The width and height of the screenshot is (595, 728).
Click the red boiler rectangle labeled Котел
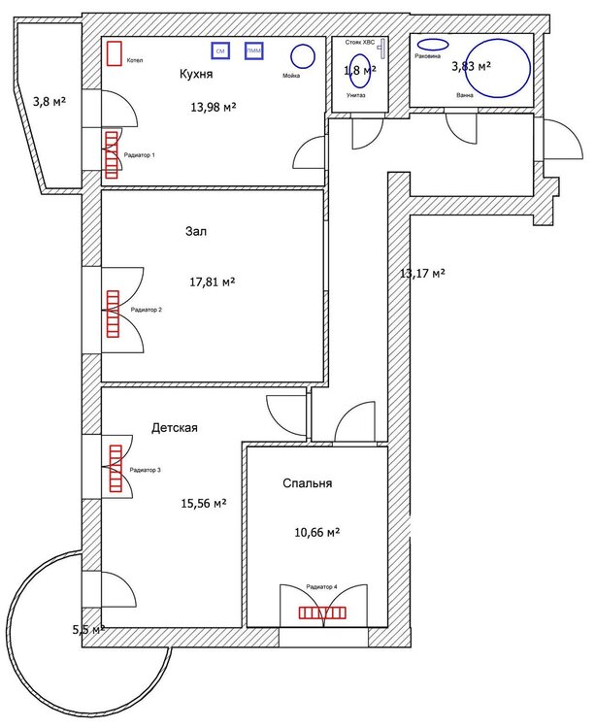(115, 52)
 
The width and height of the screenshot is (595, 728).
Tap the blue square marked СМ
(221, 50)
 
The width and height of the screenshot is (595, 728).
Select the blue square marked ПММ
(254, 50)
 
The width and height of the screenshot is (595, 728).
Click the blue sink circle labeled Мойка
(304, 56)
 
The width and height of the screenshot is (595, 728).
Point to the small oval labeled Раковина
(432, 44)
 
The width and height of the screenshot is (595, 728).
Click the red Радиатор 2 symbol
(112, 313)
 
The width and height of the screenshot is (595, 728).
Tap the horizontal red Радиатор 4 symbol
(322, 612)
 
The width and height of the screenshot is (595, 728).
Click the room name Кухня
(196, 74)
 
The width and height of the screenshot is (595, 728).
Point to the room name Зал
(196, 232)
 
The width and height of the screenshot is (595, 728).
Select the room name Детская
(175, 427)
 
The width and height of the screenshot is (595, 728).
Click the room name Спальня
(308, 483)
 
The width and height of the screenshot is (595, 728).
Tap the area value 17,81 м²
(213, 282)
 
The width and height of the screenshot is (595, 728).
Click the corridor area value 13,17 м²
(422, 274)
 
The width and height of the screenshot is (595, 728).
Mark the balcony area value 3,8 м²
(49, 101)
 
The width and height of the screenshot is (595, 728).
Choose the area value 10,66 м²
(316, 533)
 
